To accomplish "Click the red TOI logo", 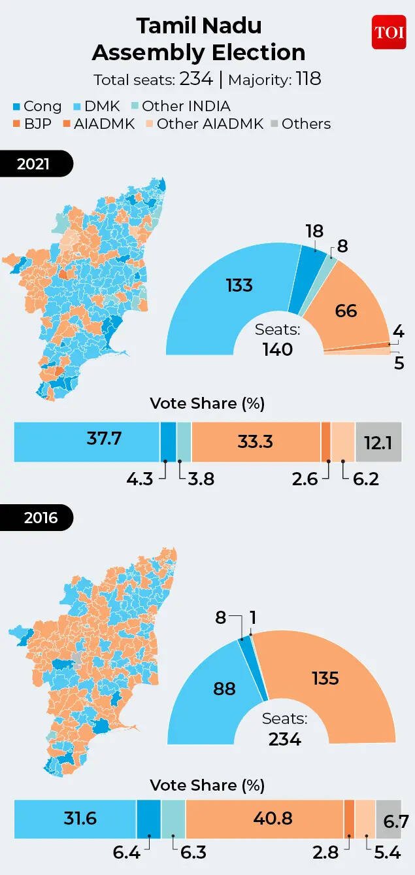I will [389, 32].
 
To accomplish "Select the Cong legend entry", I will [37, 106].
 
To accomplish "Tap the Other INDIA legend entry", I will [180, 106].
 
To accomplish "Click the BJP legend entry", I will [33, 124].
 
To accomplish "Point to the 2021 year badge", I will [33, 163].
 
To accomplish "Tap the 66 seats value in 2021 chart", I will [346, 310].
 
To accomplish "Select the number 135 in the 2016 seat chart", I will [325, 678].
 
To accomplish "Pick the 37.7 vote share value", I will [105, 439].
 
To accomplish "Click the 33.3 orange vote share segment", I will [255, 441].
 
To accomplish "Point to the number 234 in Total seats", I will [196, 79].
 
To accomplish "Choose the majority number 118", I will [308, 79].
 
